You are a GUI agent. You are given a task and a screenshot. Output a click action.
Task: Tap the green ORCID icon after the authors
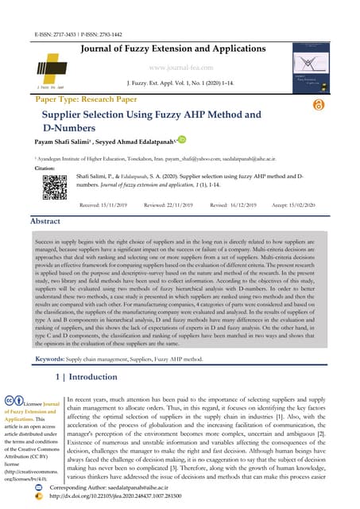pyautogui.click(x=180, y=140)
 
